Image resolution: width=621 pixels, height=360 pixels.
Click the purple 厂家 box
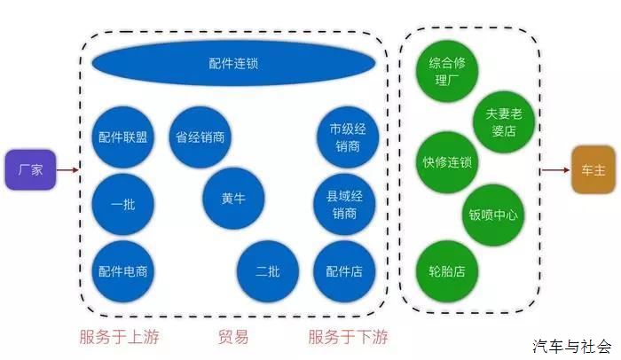pos(31,169)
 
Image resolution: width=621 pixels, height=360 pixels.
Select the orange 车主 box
pos(593,170)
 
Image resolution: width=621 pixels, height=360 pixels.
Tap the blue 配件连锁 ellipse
pos(234,64)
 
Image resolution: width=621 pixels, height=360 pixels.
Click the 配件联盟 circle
pos(123,137)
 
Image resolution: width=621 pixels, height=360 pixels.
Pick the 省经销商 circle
pos(200,137)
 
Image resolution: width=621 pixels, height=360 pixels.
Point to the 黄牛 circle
pos(234,199)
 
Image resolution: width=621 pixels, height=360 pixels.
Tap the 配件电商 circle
pos(123,271)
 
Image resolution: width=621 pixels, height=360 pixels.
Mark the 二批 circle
pos(268,271)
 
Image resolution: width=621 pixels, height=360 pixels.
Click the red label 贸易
pos(233,337)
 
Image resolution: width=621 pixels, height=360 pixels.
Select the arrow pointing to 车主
pos(554,170)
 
